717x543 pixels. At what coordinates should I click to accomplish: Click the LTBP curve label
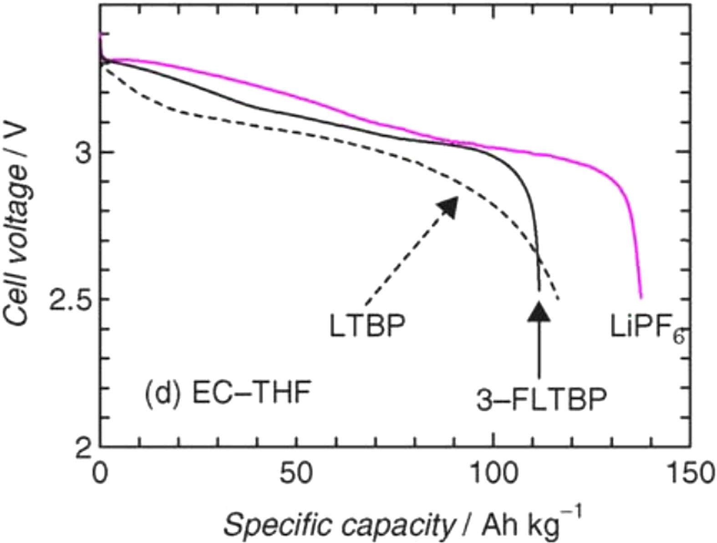[367, 326]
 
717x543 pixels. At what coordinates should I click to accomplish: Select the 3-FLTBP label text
[541, 400]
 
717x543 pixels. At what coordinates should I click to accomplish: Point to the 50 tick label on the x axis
[296, 474]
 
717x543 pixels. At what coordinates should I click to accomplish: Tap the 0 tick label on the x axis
[100, 474]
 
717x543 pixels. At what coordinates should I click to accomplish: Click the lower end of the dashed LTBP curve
[559, 299]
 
